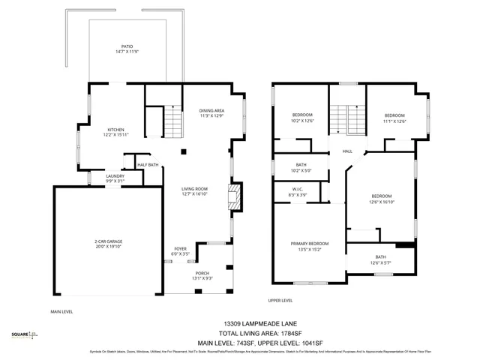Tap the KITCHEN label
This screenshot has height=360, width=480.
(x=115, y=130)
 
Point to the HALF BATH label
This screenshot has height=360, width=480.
(x=148, y=165)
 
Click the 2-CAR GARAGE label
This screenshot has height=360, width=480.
(x=108, y=241)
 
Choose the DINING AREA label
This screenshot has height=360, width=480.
(x=211, y=110)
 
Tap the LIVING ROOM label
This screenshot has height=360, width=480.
(x=194, y=189)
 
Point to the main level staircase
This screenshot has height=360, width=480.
(x=173, y=121)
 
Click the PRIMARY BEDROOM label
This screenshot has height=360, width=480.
(x=310, y=244)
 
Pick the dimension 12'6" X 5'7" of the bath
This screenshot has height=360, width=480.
(x=381, y=263)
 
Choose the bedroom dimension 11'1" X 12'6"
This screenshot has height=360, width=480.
(x=394, y=121)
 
